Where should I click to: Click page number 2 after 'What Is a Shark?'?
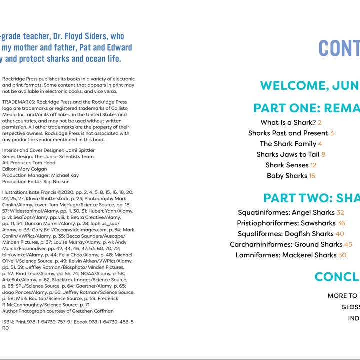(319, 122)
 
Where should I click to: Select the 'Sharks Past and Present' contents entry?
(288, 133)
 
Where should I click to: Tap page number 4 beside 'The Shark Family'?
(320, 144)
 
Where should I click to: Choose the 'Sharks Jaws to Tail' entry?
(288, 155)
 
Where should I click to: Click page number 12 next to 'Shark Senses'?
(313, 165)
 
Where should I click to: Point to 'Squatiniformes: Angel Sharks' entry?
(286, 213)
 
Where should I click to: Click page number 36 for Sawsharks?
(341, 223)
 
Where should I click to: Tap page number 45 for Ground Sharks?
(348, 244)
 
